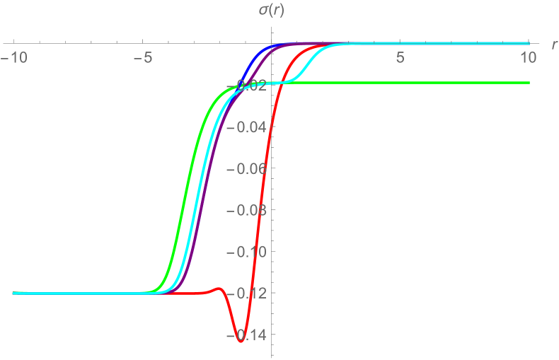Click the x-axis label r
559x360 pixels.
pyautogui.click(x=553, y=45)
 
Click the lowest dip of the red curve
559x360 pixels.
pyautogui.click(x=241, y=342)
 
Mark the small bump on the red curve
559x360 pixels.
pyautogui.click(x=219, y=289)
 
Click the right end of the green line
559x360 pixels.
pyautogui.click(x=529, y=83)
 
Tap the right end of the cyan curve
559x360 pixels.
pyautogui.click(x=529, y=43)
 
